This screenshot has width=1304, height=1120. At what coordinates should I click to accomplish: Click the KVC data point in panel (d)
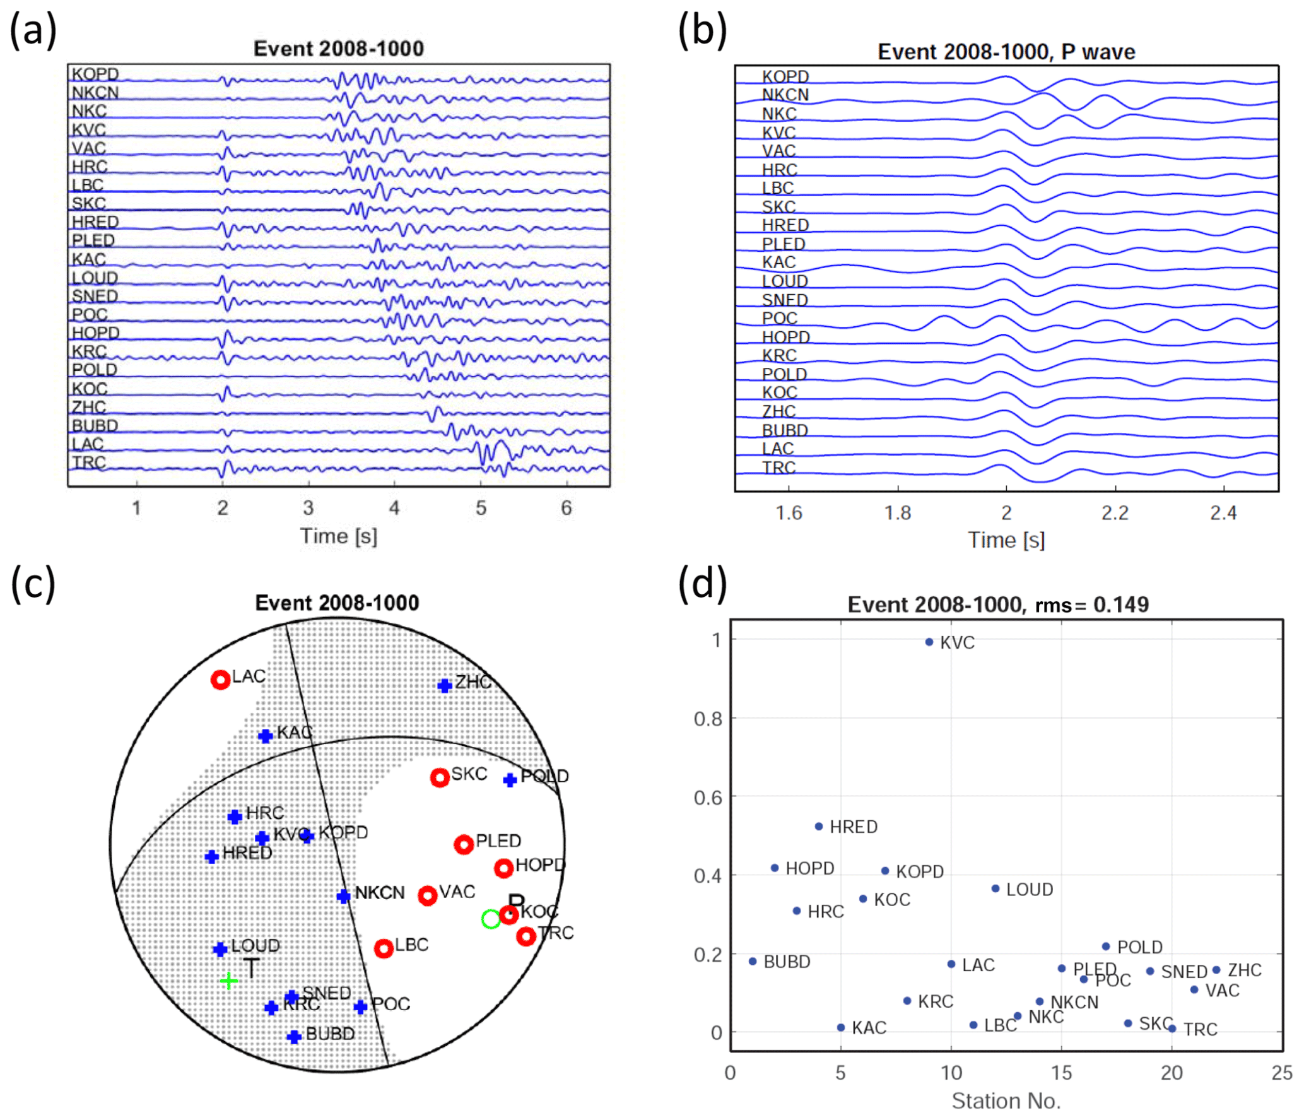click(929, 642)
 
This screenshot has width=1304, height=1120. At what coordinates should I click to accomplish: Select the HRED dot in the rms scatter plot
click(818, 826)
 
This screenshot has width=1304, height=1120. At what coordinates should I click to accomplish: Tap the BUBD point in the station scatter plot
click(752, 961)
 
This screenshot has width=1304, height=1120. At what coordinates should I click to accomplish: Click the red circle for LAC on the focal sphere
click(220, 680)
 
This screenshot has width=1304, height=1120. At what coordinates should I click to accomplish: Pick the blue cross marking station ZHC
click(445, 685)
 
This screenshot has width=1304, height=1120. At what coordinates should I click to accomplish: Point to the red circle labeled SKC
click(440, 777)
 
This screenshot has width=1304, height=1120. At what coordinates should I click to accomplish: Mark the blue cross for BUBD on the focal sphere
click(294, 1037)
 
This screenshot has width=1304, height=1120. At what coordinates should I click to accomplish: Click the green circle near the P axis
click(491, 919)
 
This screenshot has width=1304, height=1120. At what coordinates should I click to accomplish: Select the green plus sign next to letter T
click(228, 981)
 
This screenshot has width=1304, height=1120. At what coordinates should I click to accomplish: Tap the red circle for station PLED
click(464, 844)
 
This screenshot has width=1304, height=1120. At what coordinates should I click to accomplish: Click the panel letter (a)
click(33, 30)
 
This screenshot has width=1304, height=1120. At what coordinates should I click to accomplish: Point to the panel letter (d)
click(702, 584)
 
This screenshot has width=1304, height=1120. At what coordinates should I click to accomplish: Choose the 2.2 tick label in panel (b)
click(1115, 513)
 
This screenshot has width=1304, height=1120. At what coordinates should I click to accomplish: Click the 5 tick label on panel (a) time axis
click(481, 508)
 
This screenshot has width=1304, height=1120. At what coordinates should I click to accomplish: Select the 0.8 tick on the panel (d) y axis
click(708, 719)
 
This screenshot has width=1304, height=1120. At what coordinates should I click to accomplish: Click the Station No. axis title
click(1006, 1101)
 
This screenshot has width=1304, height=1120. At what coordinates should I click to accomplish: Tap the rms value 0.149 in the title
click(1120, 604)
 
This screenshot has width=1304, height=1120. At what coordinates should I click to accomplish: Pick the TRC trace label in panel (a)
click(88, 462)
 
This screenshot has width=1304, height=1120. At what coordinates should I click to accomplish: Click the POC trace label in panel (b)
click(779, 318)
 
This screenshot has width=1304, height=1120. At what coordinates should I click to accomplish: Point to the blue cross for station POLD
click(510, 780)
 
